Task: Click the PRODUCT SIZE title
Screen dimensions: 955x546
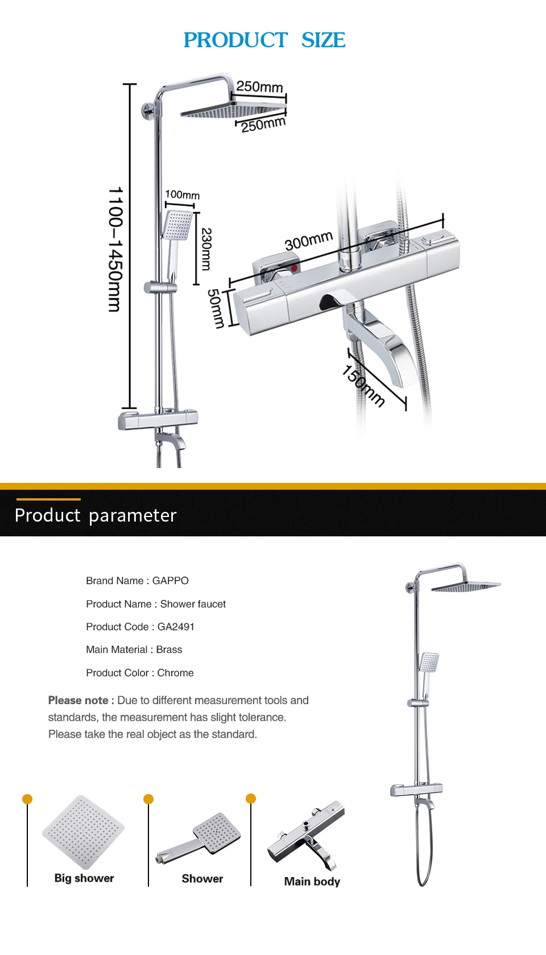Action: click(264, 40)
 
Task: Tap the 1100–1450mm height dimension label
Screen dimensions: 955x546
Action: click(115, 249)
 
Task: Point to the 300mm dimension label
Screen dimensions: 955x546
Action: click(308, 241)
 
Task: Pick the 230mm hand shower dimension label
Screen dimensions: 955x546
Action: click(206, 249)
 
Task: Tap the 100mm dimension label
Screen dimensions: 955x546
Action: click(182, 195)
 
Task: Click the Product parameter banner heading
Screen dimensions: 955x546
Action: click(96, 515)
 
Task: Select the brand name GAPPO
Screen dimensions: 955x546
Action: click(170, 581)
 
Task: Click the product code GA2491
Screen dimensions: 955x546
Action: click(176, 627)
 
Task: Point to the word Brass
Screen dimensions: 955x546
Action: click(169, 650)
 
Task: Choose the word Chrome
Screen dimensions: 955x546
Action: click(175, 673)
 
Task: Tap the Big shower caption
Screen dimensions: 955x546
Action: click(84, 878)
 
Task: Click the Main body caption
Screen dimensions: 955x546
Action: click(312, 882)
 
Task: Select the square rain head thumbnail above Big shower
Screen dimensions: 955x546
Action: click(83, 832)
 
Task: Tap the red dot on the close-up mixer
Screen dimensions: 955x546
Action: click(293, 267)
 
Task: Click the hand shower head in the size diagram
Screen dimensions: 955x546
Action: click(177, 225)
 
